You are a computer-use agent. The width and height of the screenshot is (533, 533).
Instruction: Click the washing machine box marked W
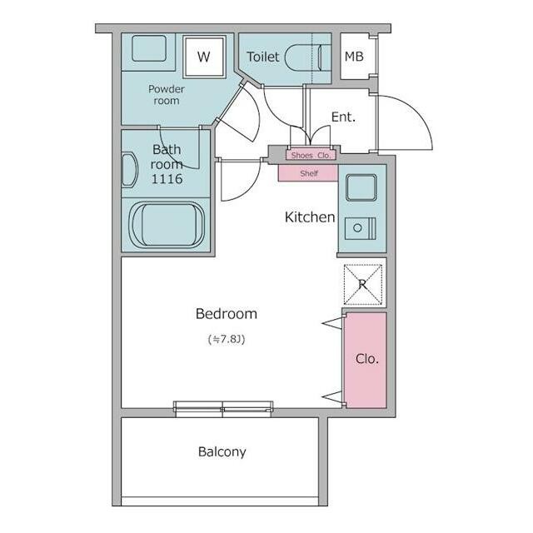[x=204, y=57]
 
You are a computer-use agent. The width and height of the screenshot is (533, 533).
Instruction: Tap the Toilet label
[x=263, y=57]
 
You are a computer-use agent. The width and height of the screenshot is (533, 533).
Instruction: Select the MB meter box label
[x=354, y=57]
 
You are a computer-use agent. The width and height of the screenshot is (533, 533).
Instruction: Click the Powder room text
[x=167, y=95]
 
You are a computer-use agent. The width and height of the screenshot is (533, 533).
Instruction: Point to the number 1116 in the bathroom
[x=167, y=179]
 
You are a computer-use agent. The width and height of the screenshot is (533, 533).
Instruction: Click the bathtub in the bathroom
[x=167, y=224]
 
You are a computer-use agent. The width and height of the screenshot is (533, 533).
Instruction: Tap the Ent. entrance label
[x=343, y=117]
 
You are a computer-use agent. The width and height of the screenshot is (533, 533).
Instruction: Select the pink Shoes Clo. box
[x=311, y=155]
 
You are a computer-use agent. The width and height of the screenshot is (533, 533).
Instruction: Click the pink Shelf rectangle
[x=308, y=173]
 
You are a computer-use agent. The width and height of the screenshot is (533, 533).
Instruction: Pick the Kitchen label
[x=310, y=217]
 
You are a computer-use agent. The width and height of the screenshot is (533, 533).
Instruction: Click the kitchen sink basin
[x=361, y=187]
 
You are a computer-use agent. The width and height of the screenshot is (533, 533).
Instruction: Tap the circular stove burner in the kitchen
[x=357, y=228]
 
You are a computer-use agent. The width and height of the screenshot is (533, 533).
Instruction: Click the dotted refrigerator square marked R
[x=363, y=285]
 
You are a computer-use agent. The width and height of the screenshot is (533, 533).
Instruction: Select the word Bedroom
[x=227, y=313]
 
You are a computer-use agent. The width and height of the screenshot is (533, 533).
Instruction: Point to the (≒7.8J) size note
[x=227, y=339]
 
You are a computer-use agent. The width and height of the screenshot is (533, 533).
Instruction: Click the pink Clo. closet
[x=366, y=360]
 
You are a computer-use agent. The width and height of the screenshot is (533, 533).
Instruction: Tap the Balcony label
[x=222, y=452]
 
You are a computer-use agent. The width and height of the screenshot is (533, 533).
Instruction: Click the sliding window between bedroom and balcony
[x=223, y=409]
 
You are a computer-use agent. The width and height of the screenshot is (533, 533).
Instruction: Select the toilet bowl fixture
[x=302, y=57]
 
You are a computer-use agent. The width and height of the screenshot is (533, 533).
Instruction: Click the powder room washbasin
[x=149, y=48]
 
